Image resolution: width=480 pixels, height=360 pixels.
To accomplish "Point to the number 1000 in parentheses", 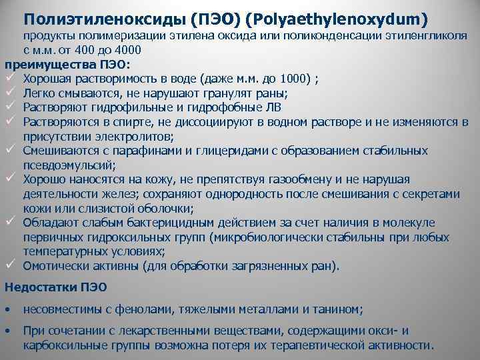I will (294, 79).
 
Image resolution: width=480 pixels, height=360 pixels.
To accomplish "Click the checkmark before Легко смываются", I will (10, 93).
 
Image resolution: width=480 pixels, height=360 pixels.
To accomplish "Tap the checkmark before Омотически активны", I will (10, 265).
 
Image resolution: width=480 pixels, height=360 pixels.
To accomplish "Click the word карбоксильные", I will (62, 345).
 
